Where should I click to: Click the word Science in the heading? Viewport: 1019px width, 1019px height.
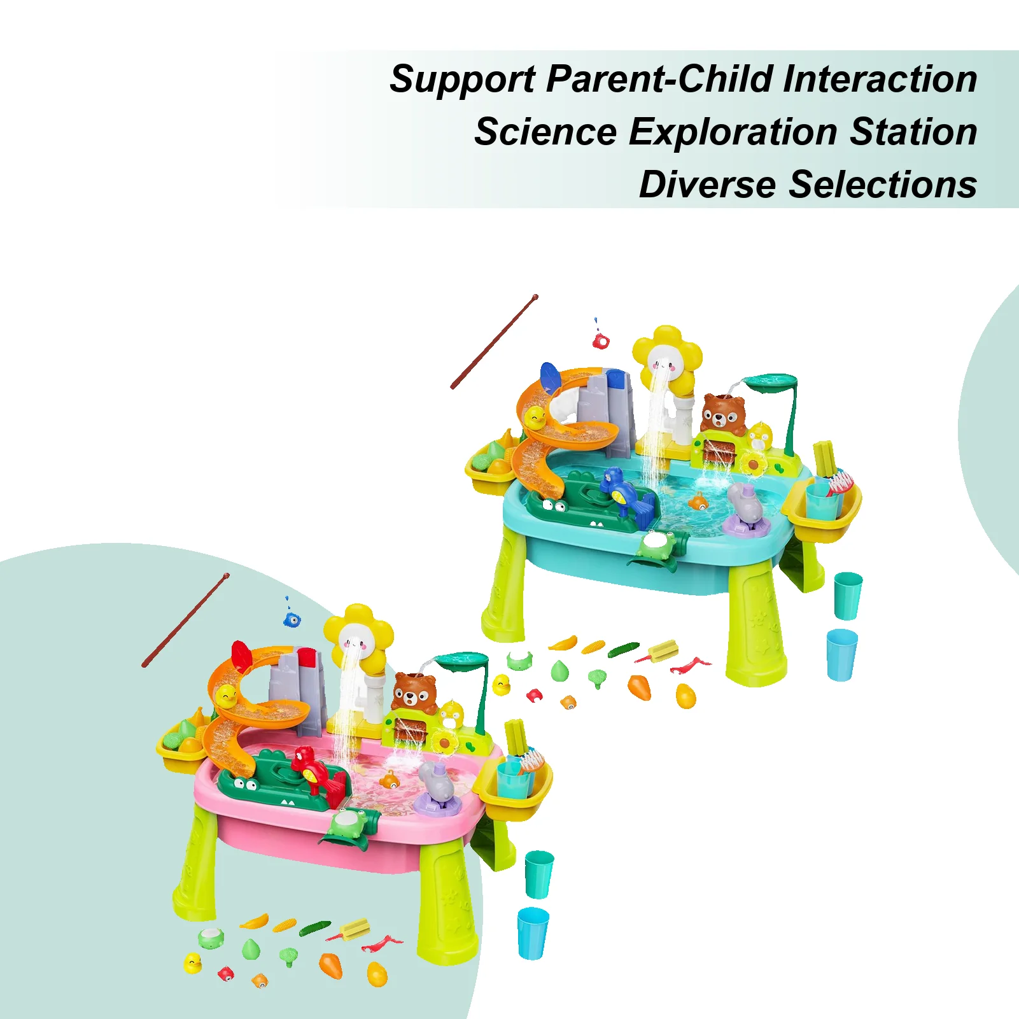(545, 132)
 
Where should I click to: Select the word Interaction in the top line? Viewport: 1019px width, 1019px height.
(880, 79)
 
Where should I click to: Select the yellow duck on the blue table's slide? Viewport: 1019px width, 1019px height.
(535, 418)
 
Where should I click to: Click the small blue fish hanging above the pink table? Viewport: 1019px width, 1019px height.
(292, 617)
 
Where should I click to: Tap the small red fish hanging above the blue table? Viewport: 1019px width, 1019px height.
(600, 341)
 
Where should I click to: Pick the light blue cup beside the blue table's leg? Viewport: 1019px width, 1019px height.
(841, 654)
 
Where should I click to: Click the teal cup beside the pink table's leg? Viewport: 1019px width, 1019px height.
(539, 874)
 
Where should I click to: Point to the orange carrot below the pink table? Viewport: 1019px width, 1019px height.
(331, 966)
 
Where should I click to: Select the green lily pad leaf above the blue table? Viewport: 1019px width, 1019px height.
(771, 381)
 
